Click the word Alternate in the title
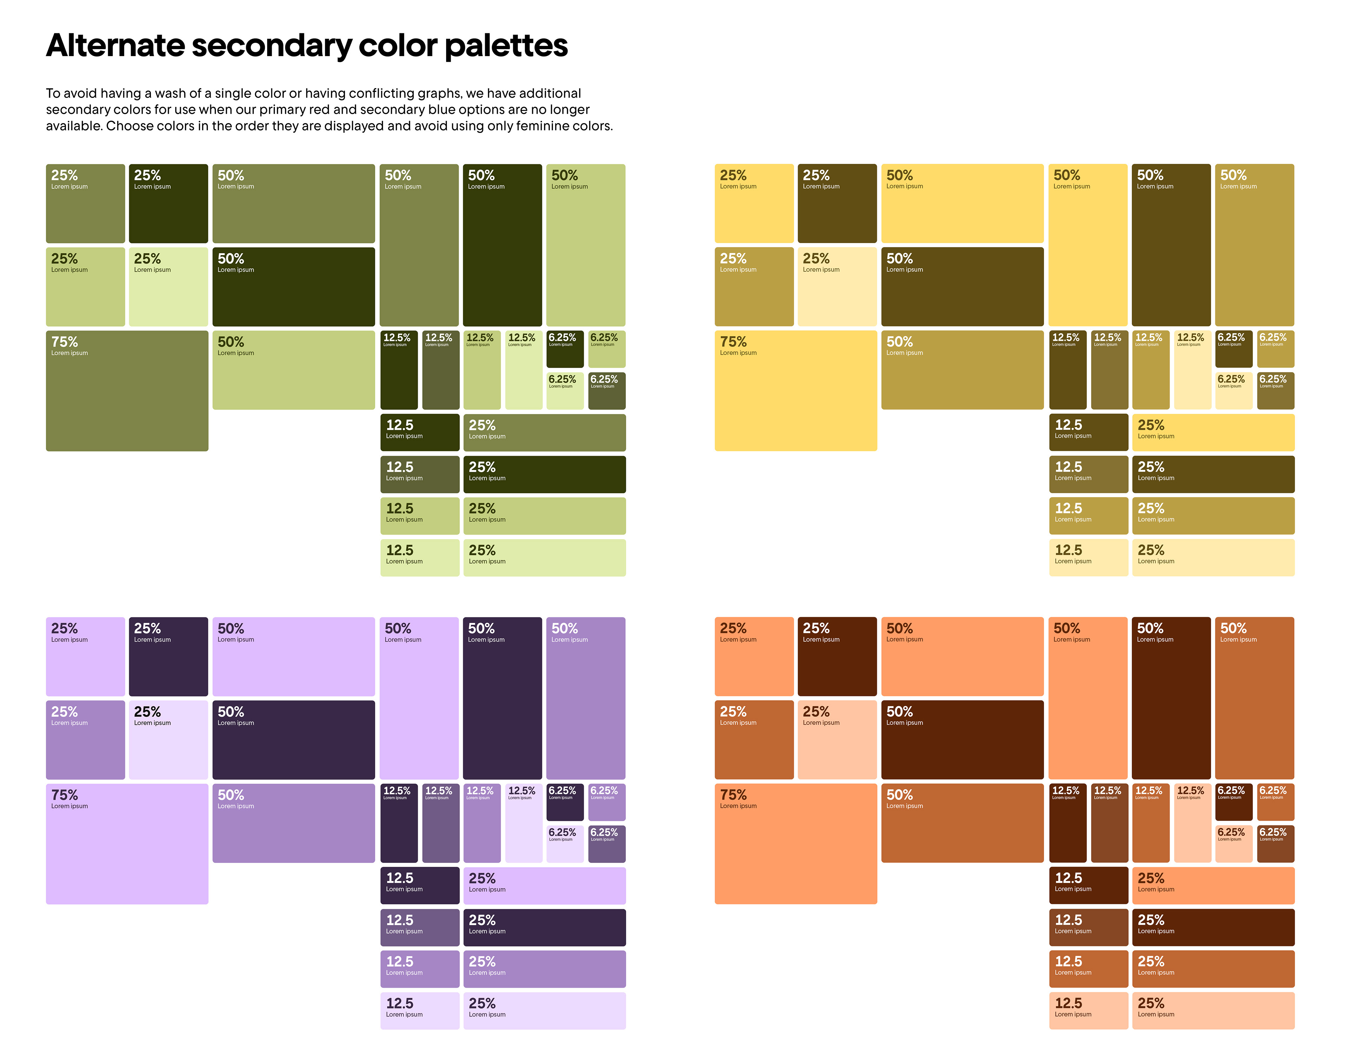(x=115, y=46)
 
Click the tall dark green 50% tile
(x=502, y=245)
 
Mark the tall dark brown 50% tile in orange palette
(x=1171, y=698)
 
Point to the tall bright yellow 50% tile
(x=1087, y=245)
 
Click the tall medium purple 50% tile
(x=585, y=698)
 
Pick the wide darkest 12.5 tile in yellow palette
(x=1088, y=433)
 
